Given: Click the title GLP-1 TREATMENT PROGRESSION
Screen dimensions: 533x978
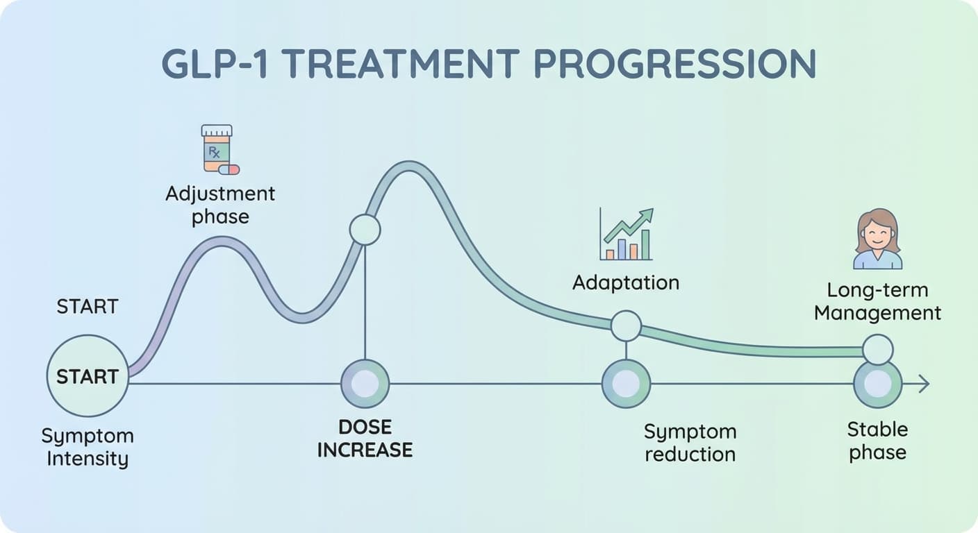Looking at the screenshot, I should (x=488, y=65).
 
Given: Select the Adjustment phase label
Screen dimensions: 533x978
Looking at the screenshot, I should (x=220, y=205).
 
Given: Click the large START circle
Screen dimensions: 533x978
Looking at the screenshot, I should (x=88, y=376).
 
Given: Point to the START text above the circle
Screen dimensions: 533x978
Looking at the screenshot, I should (x=88, y=306).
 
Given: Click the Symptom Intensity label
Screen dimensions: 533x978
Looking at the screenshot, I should (x=88, y=448).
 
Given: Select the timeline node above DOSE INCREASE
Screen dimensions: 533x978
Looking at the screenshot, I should (x=365, y=384).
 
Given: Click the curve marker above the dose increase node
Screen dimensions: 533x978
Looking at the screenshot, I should (x=365, y=230).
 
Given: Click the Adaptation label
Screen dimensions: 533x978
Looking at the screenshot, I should (x=625, y=282).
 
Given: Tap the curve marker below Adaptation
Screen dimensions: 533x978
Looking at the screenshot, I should (x=626, y=325).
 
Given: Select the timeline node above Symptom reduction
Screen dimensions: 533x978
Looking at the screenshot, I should (x=626, y=384).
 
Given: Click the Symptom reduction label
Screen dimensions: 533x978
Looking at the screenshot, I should (x=689, y=443).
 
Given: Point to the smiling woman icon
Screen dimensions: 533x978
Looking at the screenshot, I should (x=877, y=239).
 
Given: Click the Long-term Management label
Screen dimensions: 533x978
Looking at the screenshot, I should (x=877, y=301).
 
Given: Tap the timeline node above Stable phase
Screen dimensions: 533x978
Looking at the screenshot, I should (x=877, y=384).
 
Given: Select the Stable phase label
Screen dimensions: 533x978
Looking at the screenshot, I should (x=877, y=441).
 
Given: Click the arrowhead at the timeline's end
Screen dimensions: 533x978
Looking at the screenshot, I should (x=923, y=384).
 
